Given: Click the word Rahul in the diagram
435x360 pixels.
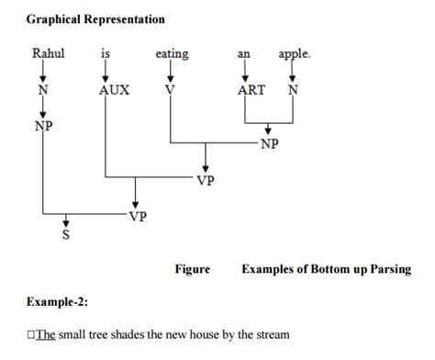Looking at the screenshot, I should click(x=49, y=54).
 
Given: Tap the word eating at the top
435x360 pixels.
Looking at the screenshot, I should click(x=172, y=54).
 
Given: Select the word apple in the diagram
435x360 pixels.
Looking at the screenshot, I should click(x=295, y=54).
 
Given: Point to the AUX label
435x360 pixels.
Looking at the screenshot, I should click(x=114, y=92).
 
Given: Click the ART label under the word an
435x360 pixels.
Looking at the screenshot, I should click(x=250, y=92).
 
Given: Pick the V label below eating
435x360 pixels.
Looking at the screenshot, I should click(x=170, y=92).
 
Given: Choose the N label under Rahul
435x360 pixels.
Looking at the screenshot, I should click(x=42, y=92).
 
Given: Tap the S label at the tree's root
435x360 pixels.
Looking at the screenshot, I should click(x=65, y=235).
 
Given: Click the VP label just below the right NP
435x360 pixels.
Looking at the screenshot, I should click(x=206, y=180).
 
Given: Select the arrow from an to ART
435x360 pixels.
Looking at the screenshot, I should click(x=244, y=72).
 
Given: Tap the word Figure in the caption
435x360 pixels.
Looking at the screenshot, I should click(x=192, y=269).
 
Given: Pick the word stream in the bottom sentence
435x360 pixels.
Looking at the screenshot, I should click(x=272, y=334).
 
